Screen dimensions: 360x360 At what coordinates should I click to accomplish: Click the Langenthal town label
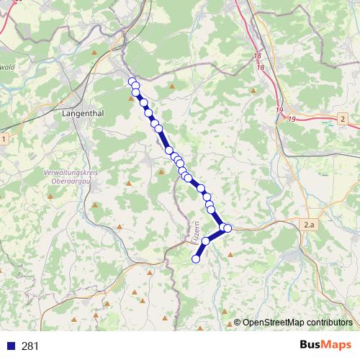click(86, 113)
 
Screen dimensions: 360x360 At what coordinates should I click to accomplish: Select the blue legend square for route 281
click(11, 346)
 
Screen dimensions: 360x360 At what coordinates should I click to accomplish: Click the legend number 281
click(30, 346)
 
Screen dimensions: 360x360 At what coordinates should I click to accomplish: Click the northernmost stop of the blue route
click(132, 81)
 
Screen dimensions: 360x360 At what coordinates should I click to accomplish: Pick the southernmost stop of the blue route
click(196, 258)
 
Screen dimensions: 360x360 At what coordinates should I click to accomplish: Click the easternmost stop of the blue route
click(228, 228)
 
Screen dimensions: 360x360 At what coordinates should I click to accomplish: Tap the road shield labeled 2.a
click(310, 225)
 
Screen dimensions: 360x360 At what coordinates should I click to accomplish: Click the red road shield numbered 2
click(343, 118)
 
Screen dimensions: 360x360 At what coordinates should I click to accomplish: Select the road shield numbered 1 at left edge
click(4, 138)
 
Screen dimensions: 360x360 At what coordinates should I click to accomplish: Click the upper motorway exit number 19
click(279, 109)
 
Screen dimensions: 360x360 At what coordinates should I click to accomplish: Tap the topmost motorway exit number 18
click(257, 55)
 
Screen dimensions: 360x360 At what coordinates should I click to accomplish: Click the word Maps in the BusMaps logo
click(335, 346)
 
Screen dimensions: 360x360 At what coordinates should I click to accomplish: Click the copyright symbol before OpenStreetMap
click(237, 322)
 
